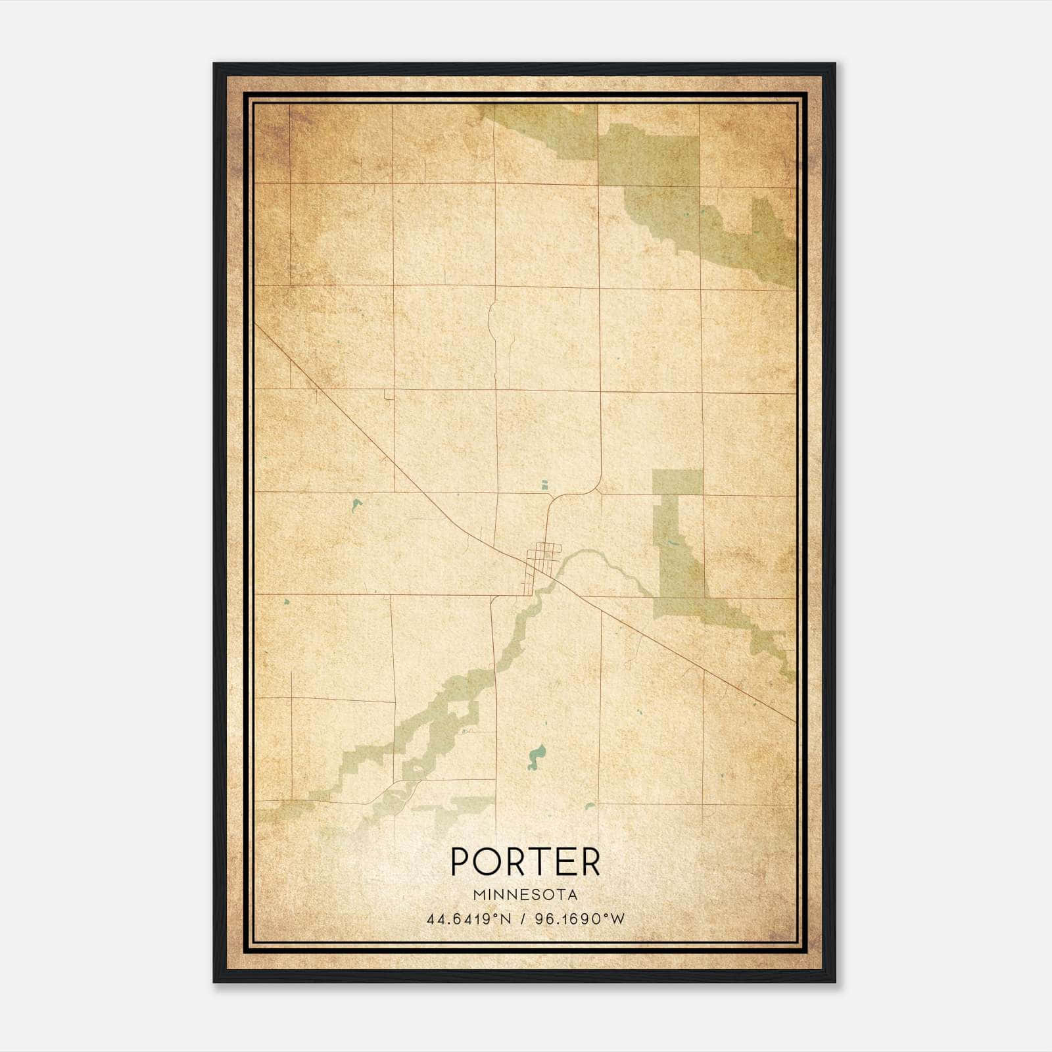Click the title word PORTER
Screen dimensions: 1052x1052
coord(525,861)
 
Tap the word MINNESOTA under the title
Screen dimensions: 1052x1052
coord(525,895)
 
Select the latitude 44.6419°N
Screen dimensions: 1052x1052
coord(469,919)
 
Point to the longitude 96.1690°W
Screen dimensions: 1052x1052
coord(581,919)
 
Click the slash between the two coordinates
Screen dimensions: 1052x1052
coord(523,919)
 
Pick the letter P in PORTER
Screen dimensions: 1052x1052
coord(461,861)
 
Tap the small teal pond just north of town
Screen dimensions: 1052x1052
coord(544,485)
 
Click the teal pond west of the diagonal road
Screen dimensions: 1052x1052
coord(356,505)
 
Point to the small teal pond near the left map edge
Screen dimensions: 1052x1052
coord(286,601)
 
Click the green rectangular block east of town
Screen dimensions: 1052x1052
coord(677,482)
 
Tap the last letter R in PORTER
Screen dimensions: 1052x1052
coord(590,861)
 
